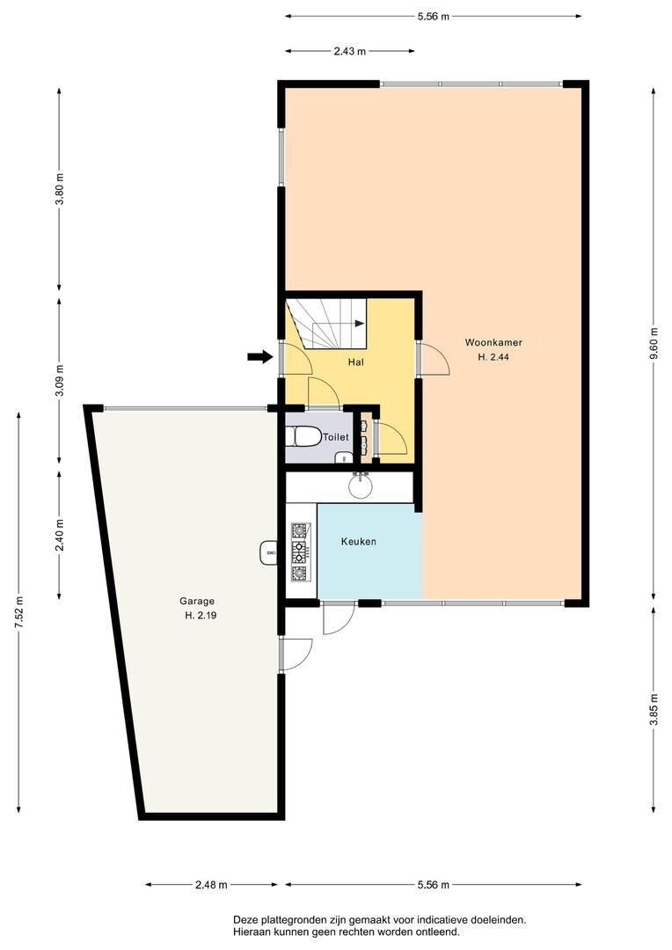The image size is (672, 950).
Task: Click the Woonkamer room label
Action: (493, 342)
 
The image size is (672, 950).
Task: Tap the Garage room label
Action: (197, 601)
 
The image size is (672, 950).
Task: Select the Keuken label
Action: (359, 542)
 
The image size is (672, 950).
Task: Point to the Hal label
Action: (355, 362)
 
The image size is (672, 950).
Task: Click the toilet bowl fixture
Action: (306, 436)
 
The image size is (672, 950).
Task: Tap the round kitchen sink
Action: (362, 486)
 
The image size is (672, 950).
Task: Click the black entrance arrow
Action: (260, 357)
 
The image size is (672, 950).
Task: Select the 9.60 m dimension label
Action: (653, 344)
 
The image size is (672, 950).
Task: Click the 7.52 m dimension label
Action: (18, 612)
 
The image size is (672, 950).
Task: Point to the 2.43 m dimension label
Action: (350, 52)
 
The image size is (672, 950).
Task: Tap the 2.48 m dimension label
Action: (211, 885)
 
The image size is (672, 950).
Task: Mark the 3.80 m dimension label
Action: (59, 190)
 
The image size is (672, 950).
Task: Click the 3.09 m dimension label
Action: (59, 381)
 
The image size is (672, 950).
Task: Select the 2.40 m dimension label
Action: (59, 536)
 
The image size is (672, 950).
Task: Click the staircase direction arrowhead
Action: (360, 324)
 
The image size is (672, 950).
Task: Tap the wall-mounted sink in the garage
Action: (268, 552)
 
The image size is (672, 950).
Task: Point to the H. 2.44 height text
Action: (493, 357)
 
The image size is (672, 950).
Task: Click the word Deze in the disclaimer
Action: (245, 920)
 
